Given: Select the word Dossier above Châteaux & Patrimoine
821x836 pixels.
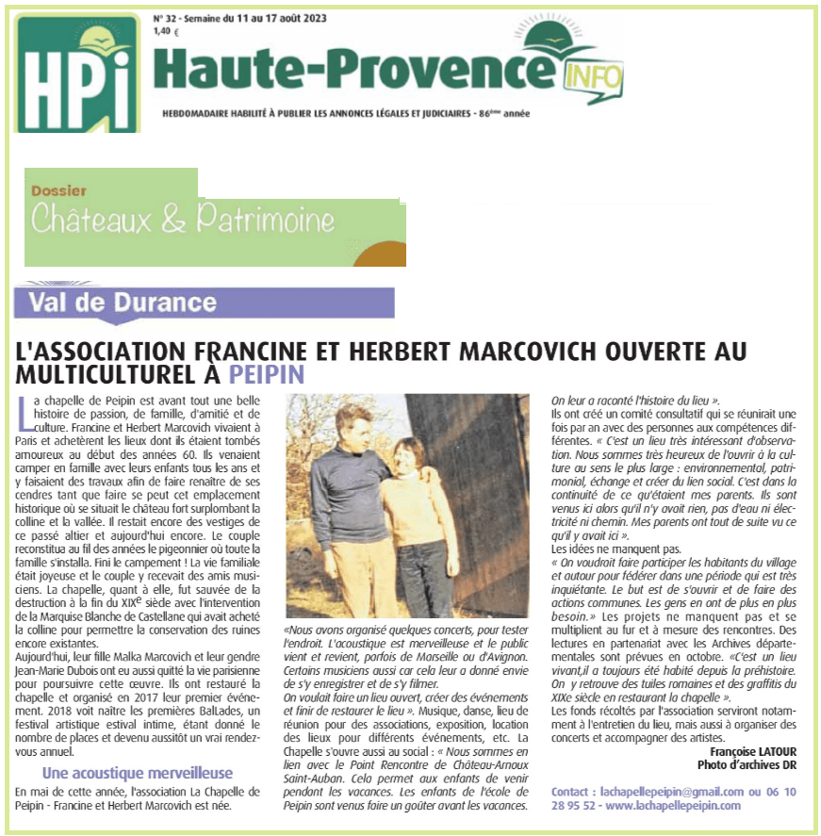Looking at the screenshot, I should [x=58, y=189].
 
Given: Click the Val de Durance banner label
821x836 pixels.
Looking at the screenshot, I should [x=123, y=303].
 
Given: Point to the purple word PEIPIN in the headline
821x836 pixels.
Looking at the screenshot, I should [x=268, y=374].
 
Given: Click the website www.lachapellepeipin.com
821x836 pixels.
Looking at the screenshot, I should [x=675, y=806].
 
